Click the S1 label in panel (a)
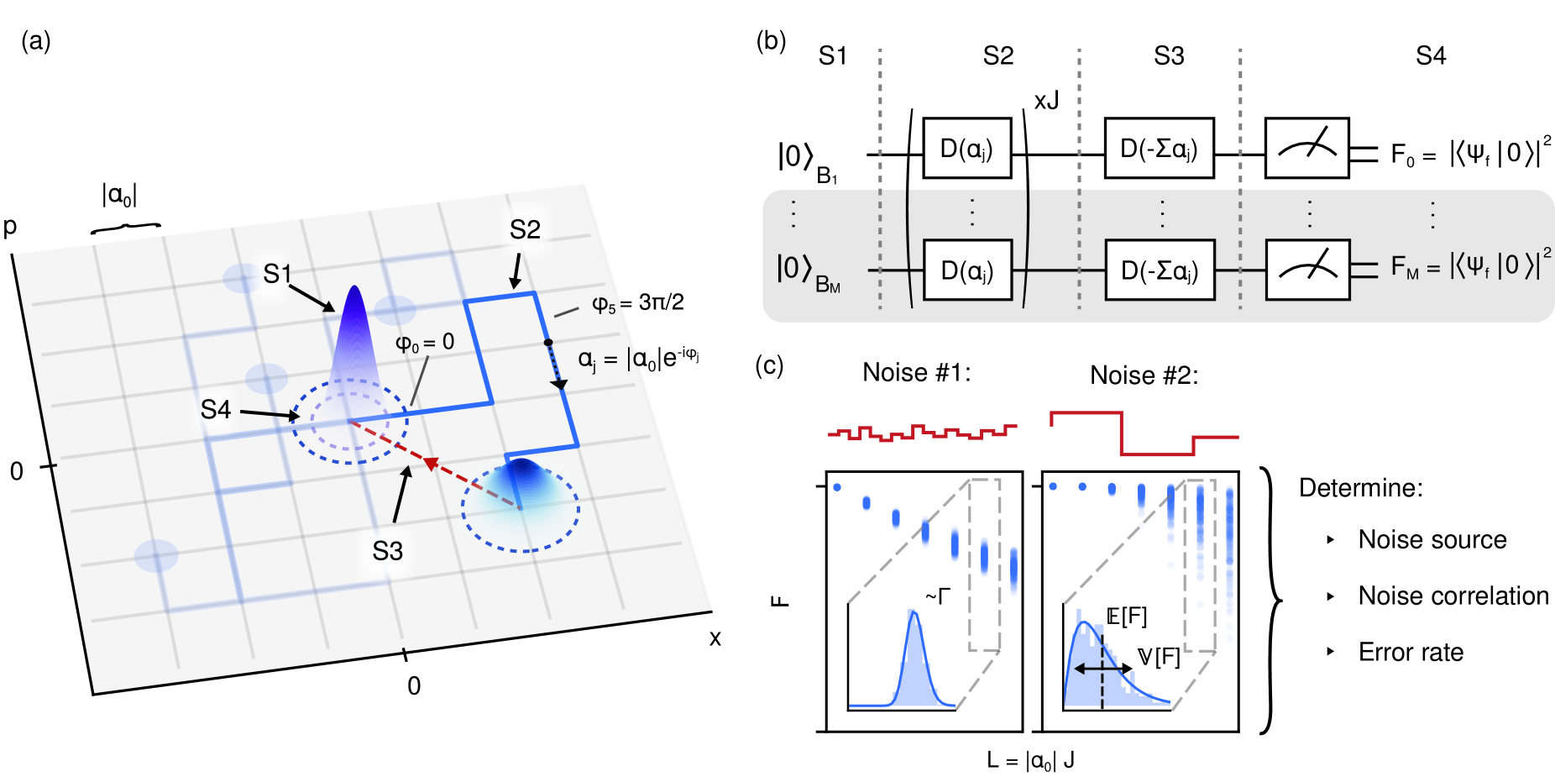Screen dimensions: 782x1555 pos(277,274)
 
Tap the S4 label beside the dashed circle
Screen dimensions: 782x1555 pos(216,410)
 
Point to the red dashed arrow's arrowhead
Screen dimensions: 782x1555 pos(431,463)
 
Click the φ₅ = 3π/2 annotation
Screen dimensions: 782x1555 pos(638,303)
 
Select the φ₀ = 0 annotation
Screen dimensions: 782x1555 pos(425,343)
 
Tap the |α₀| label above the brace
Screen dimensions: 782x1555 pos(119,196)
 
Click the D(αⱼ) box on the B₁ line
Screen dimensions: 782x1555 pos(966,149)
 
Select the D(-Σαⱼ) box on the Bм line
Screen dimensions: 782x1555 pos(1160,270)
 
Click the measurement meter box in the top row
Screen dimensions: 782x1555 pos(1306,149)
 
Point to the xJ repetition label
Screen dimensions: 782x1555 pos(1046,102)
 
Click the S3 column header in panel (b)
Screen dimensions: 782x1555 pos(1169,56)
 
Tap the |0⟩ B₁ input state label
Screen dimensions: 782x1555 pos(805,160)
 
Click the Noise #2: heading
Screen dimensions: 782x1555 pos(1144,375)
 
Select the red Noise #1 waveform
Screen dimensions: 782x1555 pos(922,433)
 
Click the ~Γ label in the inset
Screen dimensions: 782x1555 pos(938,597)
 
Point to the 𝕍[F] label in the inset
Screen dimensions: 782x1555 pos(1159,657)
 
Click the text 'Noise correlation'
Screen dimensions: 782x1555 pos(1453,596)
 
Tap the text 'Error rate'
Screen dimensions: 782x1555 pos(1411,653)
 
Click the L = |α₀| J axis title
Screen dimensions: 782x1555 pos(1030,761)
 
